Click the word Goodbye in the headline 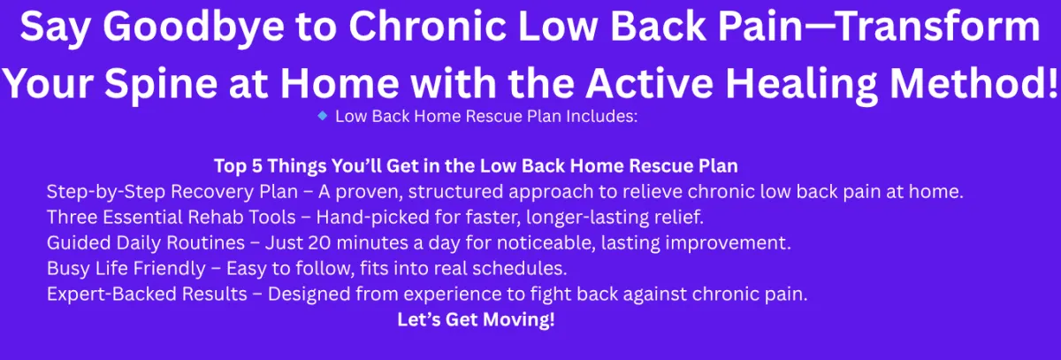(194, 28)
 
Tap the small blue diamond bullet (323, 116)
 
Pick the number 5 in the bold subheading (256, 166)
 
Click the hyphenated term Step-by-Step (106, 192)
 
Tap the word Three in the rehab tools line (72, 218)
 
